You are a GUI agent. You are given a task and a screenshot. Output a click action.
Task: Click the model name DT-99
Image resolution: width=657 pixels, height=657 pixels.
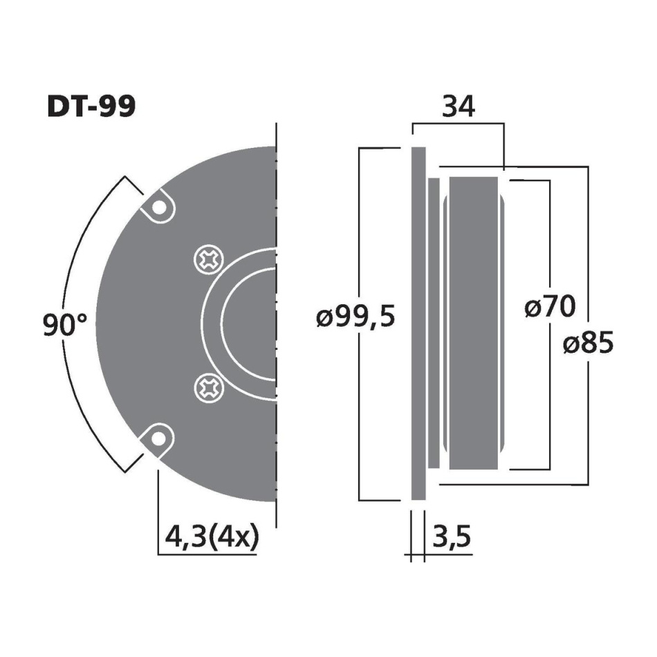click(91, 107)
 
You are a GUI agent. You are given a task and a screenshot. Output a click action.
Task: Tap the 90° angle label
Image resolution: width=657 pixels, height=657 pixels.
click(65, 325)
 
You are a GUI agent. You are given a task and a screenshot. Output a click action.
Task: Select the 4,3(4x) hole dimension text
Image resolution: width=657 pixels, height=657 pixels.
click(212, 536)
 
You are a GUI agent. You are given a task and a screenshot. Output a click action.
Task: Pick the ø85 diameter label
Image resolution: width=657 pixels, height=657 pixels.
click(587, 343)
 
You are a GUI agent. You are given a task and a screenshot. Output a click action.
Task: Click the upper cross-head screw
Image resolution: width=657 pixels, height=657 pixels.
click(210, 261)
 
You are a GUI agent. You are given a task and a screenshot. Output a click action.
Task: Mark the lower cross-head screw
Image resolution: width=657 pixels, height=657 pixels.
click(210, 386)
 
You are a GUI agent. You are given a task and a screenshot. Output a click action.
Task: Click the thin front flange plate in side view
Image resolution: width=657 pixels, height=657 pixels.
click(418, 323)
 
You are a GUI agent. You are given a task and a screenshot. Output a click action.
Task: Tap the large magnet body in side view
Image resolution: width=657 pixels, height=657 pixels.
click(473, 323)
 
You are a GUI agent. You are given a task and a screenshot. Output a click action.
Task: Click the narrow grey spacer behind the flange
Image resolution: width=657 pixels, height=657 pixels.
click(434, 323)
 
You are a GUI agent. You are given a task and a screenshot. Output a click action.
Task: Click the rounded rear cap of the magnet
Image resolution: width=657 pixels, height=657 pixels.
click(504, 323)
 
